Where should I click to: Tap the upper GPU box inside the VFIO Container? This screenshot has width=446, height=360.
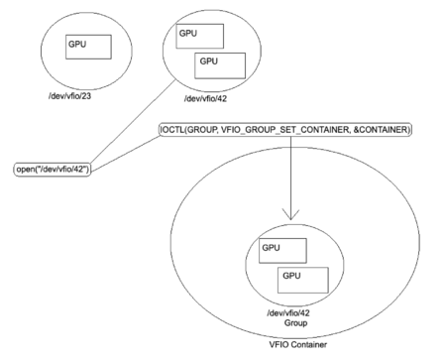click(x=280, y=250)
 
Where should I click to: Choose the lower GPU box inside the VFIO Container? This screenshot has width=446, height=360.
click(x=302, y=277)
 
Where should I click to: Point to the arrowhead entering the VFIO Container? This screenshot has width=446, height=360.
click(x=289, y=214)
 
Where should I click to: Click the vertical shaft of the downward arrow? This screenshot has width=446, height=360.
click(x=289, y=174)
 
